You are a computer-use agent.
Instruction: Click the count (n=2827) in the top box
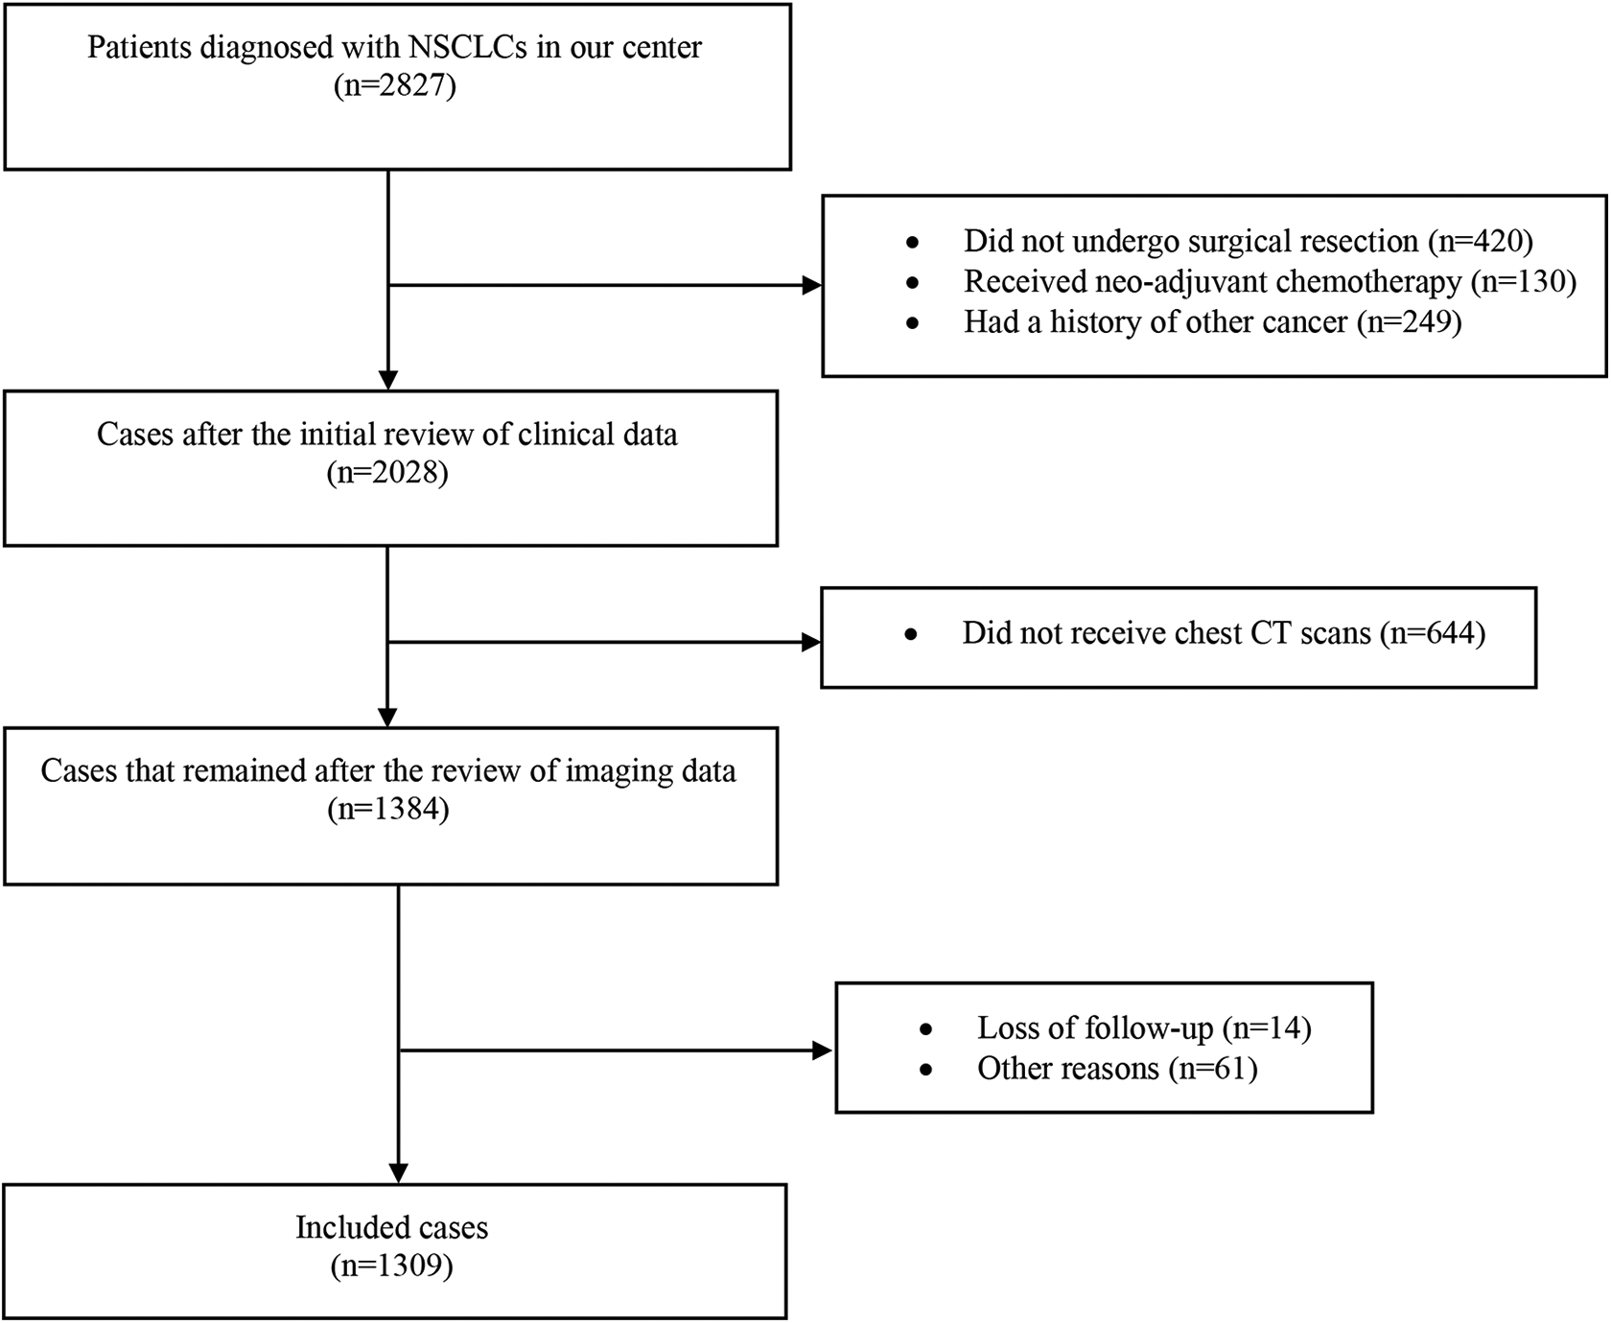click(x=394, y=86)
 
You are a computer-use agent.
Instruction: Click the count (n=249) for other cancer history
click(x=1409, y=321)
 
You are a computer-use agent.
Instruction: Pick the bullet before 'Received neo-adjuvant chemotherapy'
click(x=912, y=283)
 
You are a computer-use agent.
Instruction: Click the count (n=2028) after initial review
click(x=387, y=473)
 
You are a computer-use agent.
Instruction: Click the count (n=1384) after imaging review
click(x=387, y=810)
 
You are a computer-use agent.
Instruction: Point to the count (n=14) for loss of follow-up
click(x=1267, y=1028)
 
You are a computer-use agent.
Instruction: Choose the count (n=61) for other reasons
click(x=1213, y=1069)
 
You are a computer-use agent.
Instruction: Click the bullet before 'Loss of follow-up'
click(x=925, y=1029)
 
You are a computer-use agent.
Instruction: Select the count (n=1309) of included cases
click(x=391, y=1266)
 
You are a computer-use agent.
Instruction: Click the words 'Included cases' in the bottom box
click(x=391, y=1228)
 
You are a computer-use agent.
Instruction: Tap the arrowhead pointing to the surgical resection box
click(x=811, y=285)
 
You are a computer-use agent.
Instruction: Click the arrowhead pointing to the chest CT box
click(x=810, y=642)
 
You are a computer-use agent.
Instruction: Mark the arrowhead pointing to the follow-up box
click(x=822, y=1051)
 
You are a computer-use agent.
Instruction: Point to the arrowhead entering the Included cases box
click(x=398, y=1172)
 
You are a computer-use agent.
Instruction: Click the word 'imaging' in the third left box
click(x=604, y=771)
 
